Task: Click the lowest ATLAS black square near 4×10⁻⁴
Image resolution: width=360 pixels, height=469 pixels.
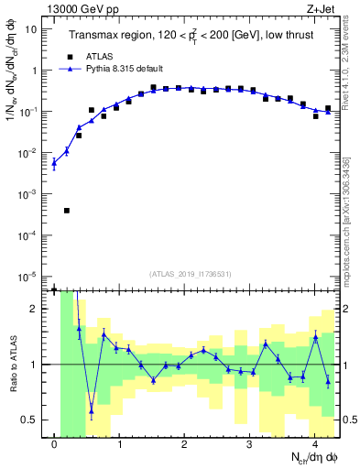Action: (67, 211)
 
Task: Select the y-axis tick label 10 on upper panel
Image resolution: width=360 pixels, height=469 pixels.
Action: (29, 28)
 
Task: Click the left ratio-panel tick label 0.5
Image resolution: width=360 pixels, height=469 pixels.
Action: (32, 420)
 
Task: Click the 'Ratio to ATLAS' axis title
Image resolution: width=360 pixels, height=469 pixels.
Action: (11, 365)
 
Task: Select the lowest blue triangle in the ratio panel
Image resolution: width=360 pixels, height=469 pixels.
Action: (91, 410)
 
